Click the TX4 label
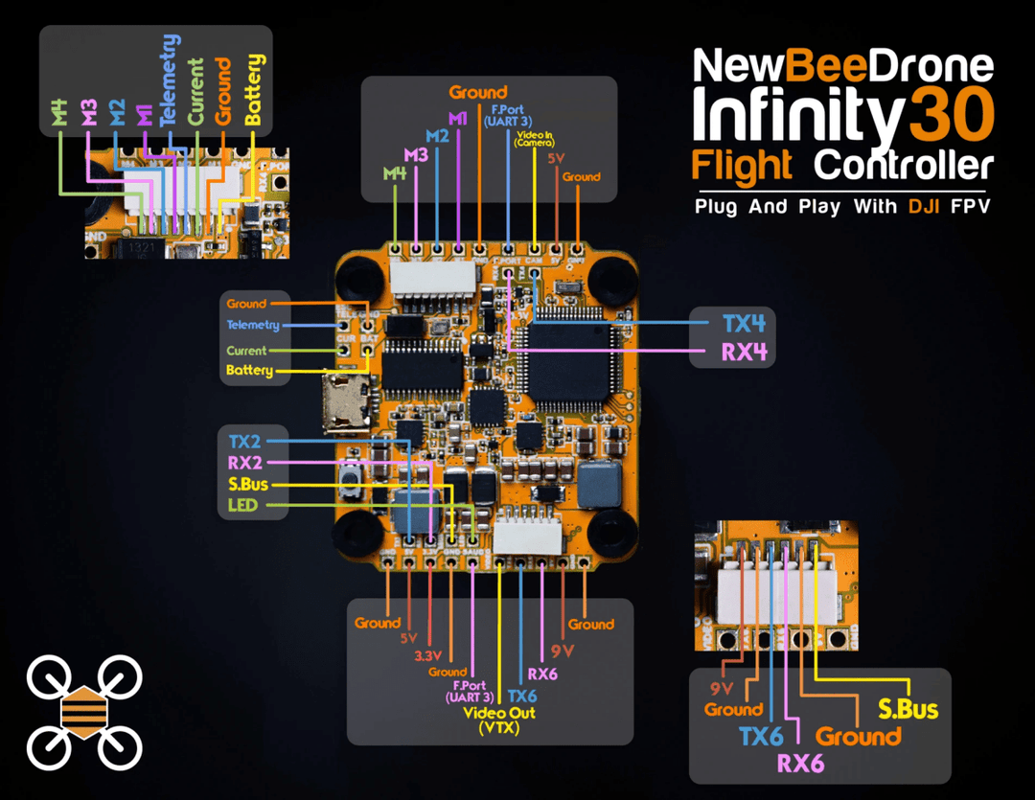744,323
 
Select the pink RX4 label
744,352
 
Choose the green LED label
242,505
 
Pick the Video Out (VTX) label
499,720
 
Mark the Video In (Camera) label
534,140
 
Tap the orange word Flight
743,165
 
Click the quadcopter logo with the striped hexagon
84,712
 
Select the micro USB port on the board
347,405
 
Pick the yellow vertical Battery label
254,89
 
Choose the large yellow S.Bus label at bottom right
908,710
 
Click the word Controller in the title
903,165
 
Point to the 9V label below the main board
563,651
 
